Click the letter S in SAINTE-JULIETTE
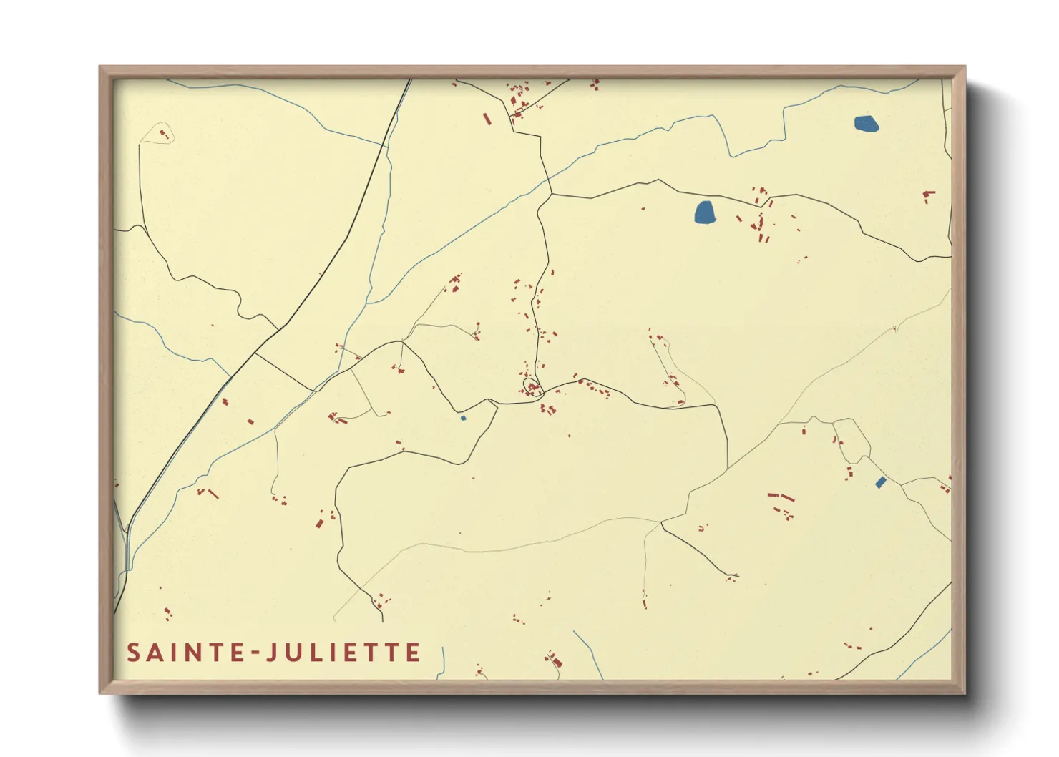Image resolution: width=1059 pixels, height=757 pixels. coord(134,653)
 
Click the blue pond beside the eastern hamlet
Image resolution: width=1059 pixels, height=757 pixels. coord(705,213)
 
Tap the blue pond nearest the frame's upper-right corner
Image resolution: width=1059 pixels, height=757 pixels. coord(867,124)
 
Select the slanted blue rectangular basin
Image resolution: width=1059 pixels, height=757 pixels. coord(881,483)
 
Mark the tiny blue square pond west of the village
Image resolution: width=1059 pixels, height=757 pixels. coord(463,418)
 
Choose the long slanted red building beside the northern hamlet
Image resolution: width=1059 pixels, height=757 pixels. coord(487,119)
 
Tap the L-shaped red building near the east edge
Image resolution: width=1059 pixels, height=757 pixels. coord(928,194)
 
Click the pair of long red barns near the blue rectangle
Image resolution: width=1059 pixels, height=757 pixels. coord(781,496)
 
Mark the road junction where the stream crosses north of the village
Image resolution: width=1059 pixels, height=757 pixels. coord(551,193)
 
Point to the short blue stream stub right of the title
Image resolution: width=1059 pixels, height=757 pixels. coord(444,660)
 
